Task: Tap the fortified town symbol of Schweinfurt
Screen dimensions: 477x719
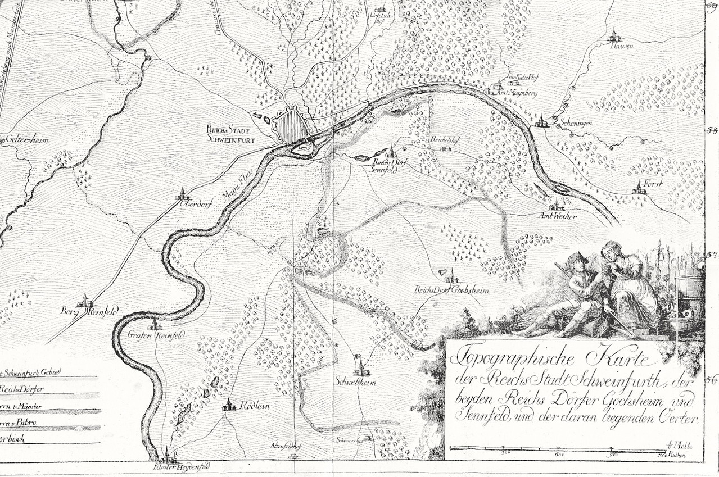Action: coord(291,126)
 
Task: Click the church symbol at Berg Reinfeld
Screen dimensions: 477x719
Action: coord(85,301)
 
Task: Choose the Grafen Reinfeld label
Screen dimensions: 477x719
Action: coord(148,335)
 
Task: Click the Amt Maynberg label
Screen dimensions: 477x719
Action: coord(515,93)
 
